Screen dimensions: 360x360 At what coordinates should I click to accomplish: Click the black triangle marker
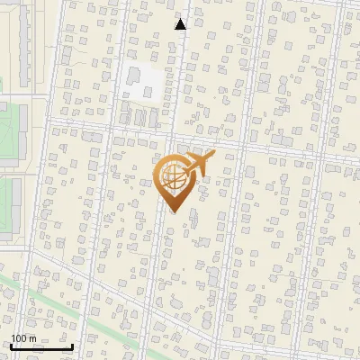click(181, 24)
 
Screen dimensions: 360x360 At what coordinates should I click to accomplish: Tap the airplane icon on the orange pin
click(197, 164)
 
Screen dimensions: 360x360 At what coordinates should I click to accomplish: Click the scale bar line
click(41, 346)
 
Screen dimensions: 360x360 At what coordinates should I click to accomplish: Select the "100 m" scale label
click(23, 338)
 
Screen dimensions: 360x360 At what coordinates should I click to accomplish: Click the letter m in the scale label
click(32, 338)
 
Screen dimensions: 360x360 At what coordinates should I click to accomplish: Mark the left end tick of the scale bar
click(11, 346)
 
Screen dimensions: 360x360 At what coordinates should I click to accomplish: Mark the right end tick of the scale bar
click(72, 346)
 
